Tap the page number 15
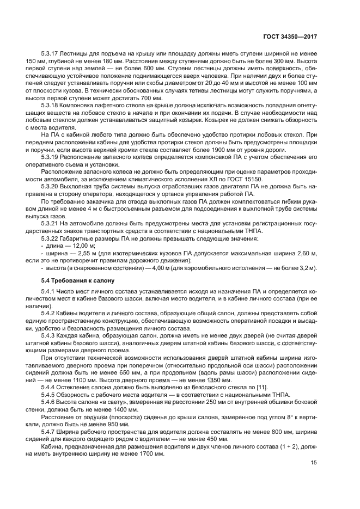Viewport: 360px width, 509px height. coord(314,462)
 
